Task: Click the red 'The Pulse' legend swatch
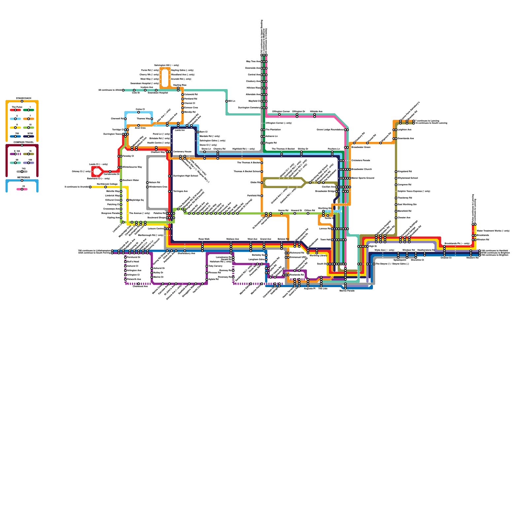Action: click(x=16, y=110)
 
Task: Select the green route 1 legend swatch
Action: click(x=29, y=110)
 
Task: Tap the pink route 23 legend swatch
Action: click(x=22, y=189)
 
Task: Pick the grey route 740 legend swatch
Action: click(x=22, y=172)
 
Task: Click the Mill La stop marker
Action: click(x=227, y=101)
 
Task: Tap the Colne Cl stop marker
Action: click(x=139, y=112)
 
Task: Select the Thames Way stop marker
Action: click(x=152, y=119)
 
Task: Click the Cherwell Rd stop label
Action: click(x=117, y=119)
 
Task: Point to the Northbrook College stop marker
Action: click(x=106, y=187)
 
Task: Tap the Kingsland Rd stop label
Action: click(x=405, y=172)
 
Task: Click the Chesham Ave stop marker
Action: click(x=396, y=218)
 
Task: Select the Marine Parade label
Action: click(x=347, y=291)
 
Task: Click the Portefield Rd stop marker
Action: click(x=262, y=196)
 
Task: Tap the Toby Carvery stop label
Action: click(x=215, y=266)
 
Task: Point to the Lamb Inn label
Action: click(x=180, y=130)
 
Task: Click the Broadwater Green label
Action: click(x=361, y=147)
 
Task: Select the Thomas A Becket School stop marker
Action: click(x=262, y=172)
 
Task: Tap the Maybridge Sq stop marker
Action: click(x=128, y=200)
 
